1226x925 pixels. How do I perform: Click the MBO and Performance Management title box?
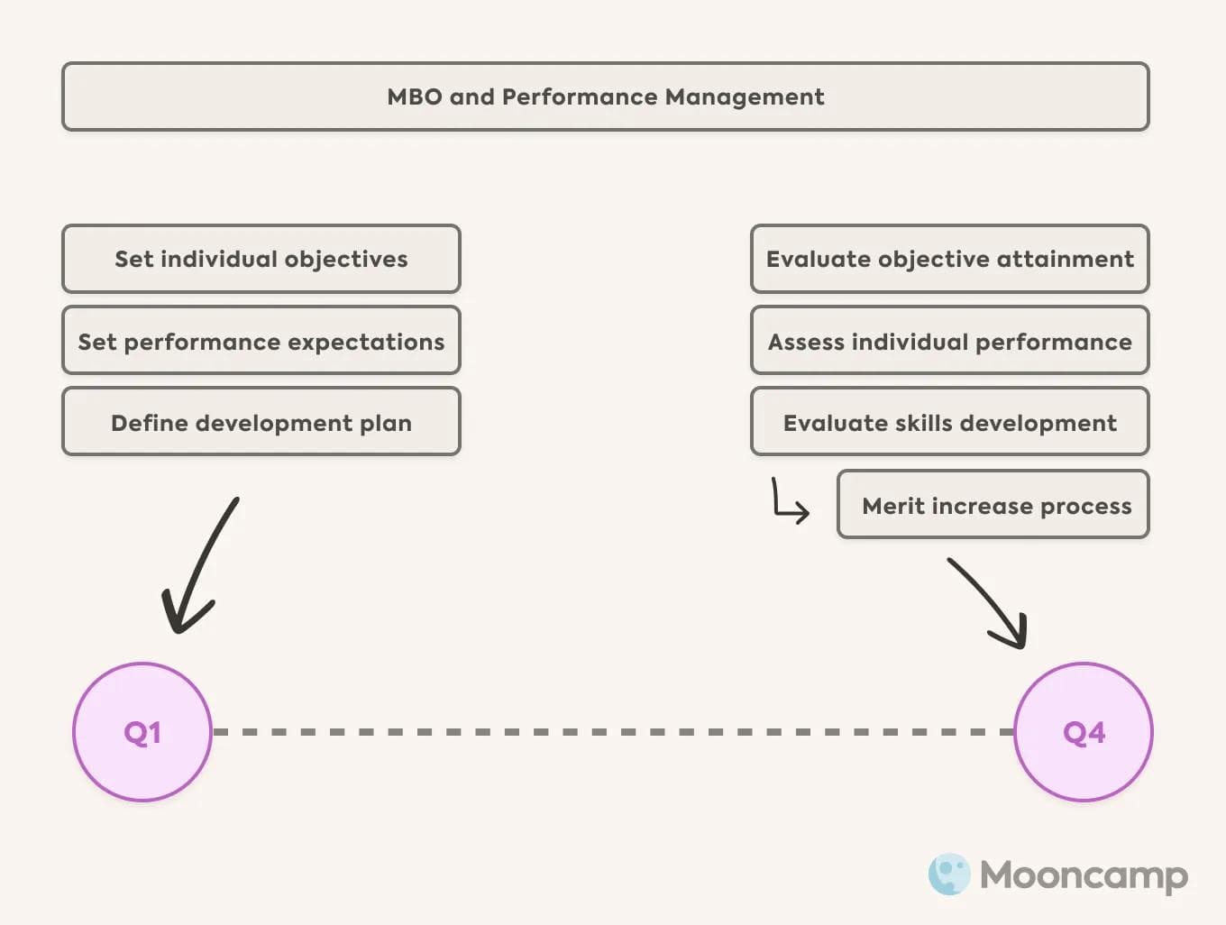pyautogui.click(x=606, y=96)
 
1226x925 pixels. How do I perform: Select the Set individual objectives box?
pyautogui.click(x=261, y=259)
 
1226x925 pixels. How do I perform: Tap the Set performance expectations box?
pyautogui.click(x=261, y=341)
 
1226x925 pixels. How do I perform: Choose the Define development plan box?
pyautogui.click(x=261, y=422)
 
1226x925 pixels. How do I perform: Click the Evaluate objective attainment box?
pyautogui.click(x=950, y=259)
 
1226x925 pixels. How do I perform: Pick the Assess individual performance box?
pyautogui.click(x=950, y=341)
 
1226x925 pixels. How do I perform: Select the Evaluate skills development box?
pyautogui.click(x=950, y=422)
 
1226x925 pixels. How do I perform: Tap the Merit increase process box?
pyautogui.click(x=993, y=505)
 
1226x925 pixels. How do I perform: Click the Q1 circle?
pyautogui.click(x=142, y=732)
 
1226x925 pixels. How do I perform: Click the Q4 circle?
pyautogui.click(x=1084, y=732)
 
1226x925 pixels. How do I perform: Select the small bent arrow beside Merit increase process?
pyautogui.click(x=789, y=502)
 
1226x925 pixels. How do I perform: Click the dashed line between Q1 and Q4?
pyautogui.click(x=613, y=732)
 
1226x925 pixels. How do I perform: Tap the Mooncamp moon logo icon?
pyautogui.click(x=949, y=874)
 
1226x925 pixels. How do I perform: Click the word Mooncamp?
pyautogui.click(x=1084, y=875)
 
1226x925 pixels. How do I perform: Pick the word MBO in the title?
pyautogui.click(x=414, y=96)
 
